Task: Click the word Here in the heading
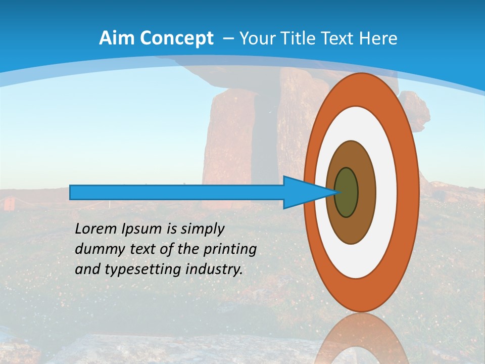(x=379, y=38)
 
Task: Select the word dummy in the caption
(x=98, y=249)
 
